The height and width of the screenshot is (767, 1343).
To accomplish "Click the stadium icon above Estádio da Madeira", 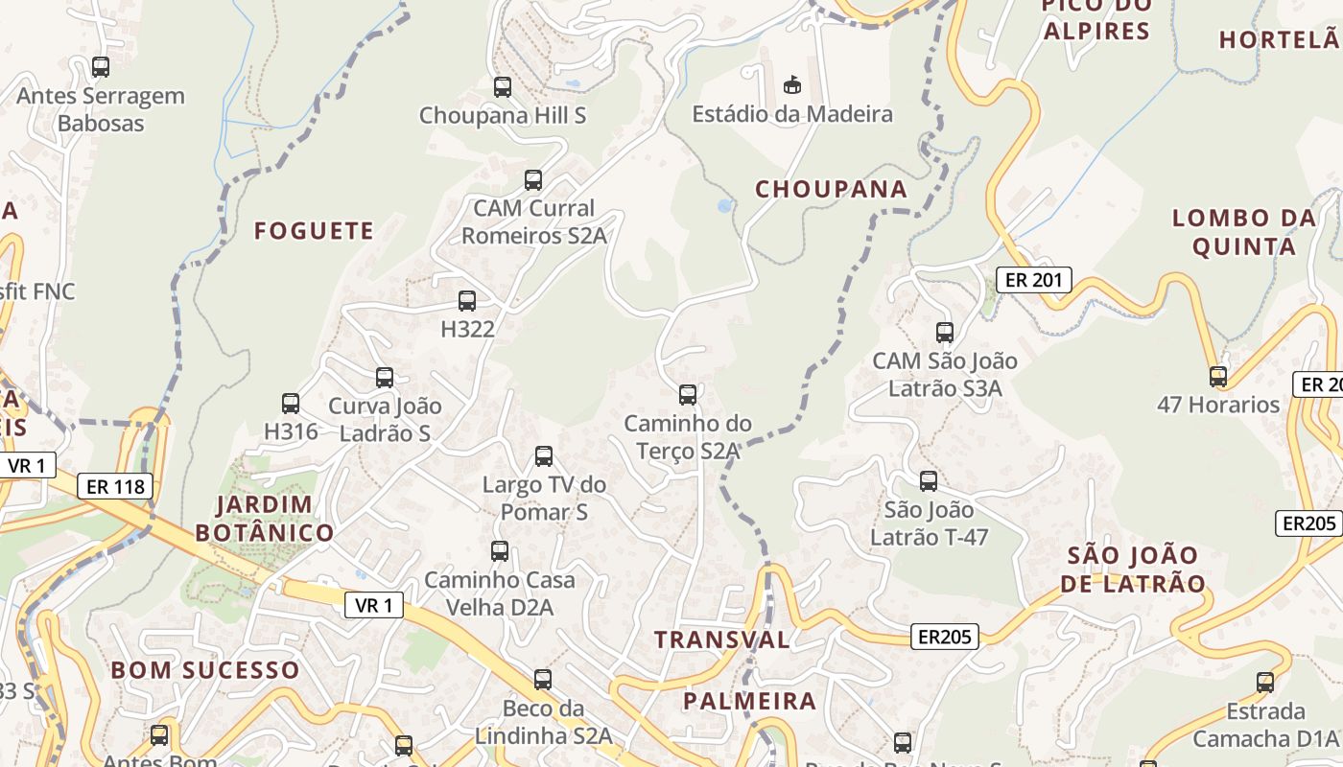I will point(791,85).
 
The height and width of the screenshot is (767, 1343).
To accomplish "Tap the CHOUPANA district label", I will point(831,189).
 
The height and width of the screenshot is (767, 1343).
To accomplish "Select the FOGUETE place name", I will point(314,230).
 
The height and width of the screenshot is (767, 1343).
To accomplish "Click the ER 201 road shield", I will point(1032,279).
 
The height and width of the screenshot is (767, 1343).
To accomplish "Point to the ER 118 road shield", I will point(115,486).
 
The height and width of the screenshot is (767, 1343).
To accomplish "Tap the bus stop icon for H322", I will point(467,301).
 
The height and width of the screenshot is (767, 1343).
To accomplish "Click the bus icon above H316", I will point(291,404).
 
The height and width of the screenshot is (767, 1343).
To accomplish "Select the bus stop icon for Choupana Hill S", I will point(502,87).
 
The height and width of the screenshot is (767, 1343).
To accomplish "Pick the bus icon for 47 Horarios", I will point(1217,376).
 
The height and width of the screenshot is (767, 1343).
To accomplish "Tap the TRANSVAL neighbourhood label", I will point(722,639).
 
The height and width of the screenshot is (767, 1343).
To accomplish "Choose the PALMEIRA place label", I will point(749,701).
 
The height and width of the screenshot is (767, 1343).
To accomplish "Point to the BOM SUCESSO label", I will point(205,669).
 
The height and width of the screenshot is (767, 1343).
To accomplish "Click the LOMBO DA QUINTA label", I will point(1244,232).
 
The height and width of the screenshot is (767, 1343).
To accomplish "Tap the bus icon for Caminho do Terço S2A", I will point(687,394).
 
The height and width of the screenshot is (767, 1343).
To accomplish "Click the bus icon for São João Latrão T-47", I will point(928,480).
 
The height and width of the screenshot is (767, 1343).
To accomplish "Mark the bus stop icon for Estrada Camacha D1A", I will point(1264,683).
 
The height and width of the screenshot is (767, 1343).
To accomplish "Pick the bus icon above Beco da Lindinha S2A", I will point(543,680).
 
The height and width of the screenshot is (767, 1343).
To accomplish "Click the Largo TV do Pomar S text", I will point(544,499).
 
